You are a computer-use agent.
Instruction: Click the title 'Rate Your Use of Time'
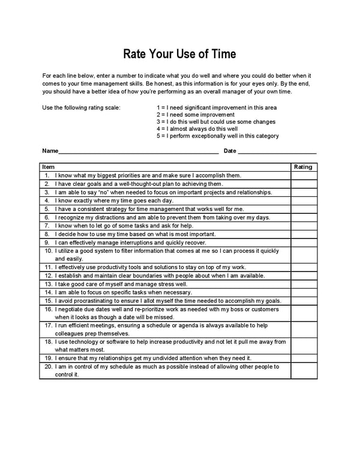(179, 54)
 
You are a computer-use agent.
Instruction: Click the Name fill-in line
(138, 151)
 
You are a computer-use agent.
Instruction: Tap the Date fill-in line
(277, 151)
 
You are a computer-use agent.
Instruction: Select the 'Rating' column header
(303, 167)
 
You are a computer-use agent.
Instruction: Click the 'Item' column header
(49, 167)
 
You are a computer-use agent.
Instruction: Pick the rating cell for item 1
(304, 175)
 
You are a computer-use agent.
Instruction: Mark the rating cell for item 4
(304, 201)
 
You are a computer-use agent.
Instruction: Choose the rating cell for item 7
(304, 226)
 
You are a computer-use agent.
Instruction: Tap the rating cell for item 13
(304, 284)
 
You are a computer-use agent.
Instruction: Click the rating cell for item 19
(304, 358)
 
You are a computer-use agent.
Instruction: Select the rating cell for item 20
(304, 371)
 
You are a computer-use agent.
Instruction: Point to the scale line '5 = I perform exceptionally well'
(217, 136)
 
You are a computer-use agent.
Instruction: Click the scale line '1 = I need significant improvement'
(216, 107)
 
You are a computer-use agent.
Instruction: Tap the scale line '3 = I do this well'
(216, 122)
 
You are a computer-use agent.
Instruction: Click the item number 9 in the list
(46, 243)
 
